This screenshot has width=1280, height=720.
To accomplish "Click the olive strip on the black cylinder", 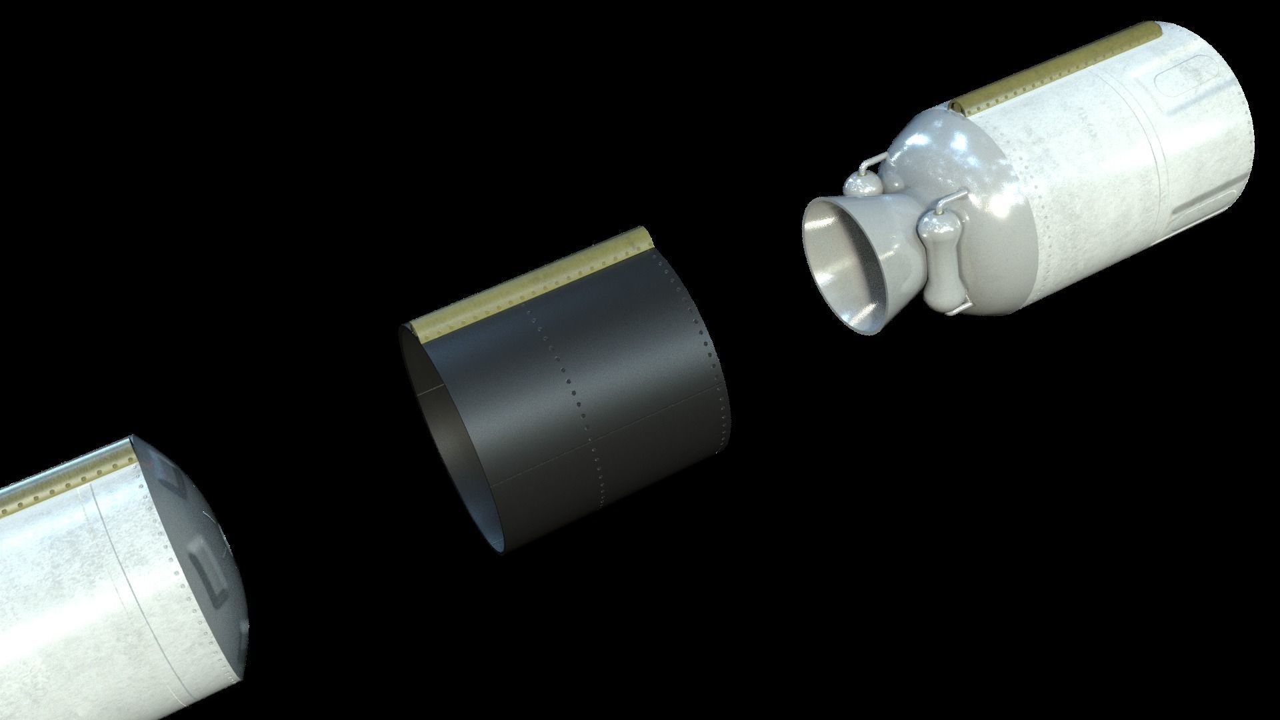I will tap(527, 280).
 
